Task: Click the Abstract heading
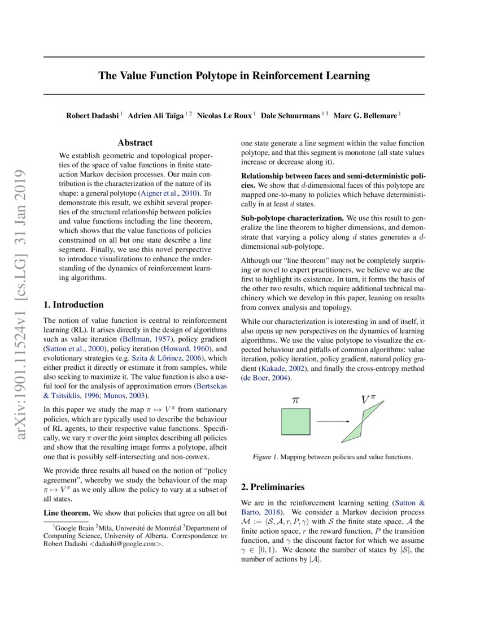pyautogui.click(x=136, y=144)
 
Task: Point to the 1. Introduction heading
pyautogui.click(x=73, y=305)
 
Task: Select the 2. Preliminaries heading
pyautogui.click(x=273, y=486)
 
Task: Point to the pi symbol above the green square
pyautogui.click(x=295, y=399)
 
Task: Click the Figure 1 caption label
pyautogui.click(x=265, y=456)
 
